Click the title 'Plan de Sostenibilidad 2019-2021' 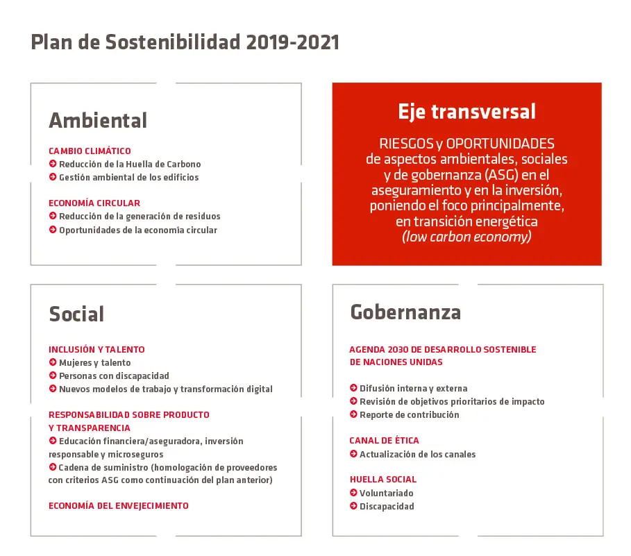coord(185,42)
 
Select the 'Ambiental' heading coord(98,120)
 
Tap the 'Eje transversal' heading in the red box coord(466,112)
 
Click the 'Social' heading coord(76,314)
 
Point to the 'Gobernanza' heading coord(405,312)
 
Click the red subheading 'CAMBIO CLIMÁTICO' coord(90,151)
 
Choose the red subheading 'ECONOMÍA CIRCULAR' coord(94,203)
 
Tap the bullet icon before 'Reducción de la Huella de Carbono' coord(53,164)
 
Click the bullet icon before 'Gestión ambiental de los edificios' coord(53,177)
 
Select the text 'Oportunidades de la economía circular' coord(138,230)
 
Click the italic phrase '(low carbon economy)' coord(466,237)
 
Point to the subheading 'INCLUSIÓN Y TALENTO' coord(96,350)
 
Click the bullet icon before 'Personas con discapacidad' coord(53,376)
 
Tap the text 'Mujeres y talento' coord(95,363)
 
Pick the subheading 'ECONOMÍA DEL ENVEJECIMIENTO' coord(119,506)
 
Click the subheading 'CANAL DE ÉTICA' coord(385,441)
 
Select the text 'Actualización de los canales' coord(418,454)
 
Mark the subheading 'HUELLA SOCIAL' coord(383,480)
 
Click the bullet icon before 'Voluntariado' coord(354,492)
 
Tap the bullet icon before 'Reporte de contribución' coord(354,414)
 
